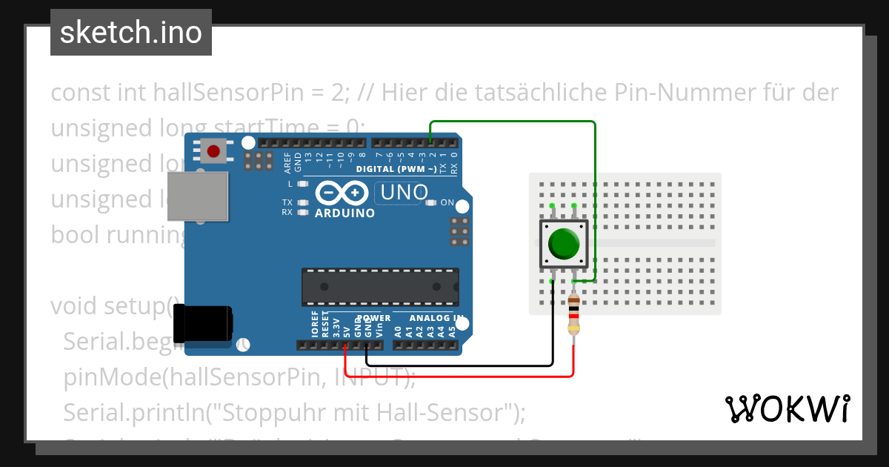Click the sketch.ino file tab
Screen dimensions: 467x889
point(131,33)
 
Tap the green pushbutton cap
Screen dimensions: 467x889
point(564,244)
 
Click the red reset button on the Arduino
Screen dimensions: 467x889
point(213,151)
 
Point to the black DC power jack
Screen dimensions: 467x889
point(202,324)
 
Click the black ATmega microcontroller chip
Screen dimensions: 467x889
point(379,287)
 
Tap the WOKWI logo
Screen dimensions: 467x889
point(787,408)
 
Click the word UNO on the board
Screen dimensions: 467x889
point(404,193)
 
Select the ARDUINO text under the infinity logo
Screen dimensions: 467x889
point(344,213)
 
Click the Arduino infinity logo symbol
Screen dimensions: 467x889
point(342,193)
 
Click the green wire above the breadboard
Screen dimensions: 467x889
point(511,122)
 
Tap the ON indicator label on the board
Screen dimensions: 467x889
point(447,202)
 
